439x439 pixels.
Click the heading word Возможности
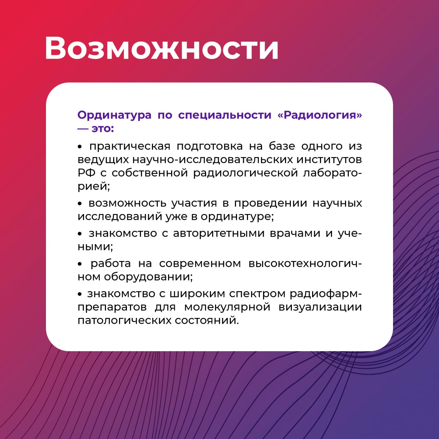coord(162,48)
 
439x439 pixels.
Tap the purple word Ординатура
coord(114,115)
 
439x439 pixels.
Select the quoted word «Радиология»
coord(320,115)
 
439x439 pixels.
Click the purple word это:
coord(103,129)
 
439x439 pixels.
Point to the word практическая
coord(130,146)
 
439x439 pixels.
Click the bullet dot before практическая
coord(80,147)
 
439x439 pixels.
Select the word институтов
coord(329,159)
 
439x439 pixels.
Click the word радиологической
coord(246,173)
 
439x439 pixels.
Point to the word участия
coord(194,203)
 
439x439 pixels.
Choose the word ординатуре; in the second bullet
coord(237,217)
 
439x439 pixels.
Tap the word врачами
coord(295,234)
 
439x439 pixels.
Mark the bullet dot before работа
coord(80,264)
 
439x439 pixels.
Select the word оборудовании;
coord(148,277)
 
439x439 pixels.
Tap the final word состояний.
coord(207,321)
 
